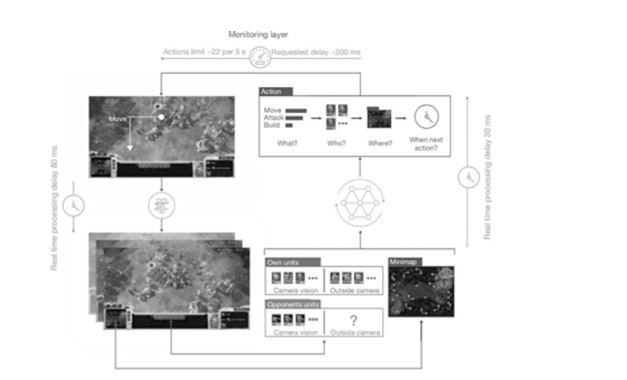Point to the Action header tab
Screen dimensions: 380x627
coord(277,92)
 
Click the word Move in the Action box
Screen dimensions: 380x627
coord(272,110)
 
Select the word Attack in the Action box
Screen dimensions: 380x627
coord(274,117)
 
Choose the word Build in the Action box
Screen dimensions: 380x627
coord(272,125)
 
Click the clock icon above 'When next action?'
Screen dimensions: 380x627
coord(426,117)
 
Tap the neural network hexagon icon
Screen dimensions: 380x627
coord(359,203)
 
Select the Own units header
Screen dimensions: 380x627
coord(283,263)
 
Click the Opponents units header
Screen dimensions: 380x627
coord(292,303)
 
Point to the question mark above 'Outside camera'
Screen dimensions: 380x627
coord(354,320)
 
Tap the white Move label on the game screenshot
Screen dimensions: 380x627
coord(117,120)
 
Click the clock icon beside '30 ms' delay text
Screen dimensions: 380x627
coord(468,178)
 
